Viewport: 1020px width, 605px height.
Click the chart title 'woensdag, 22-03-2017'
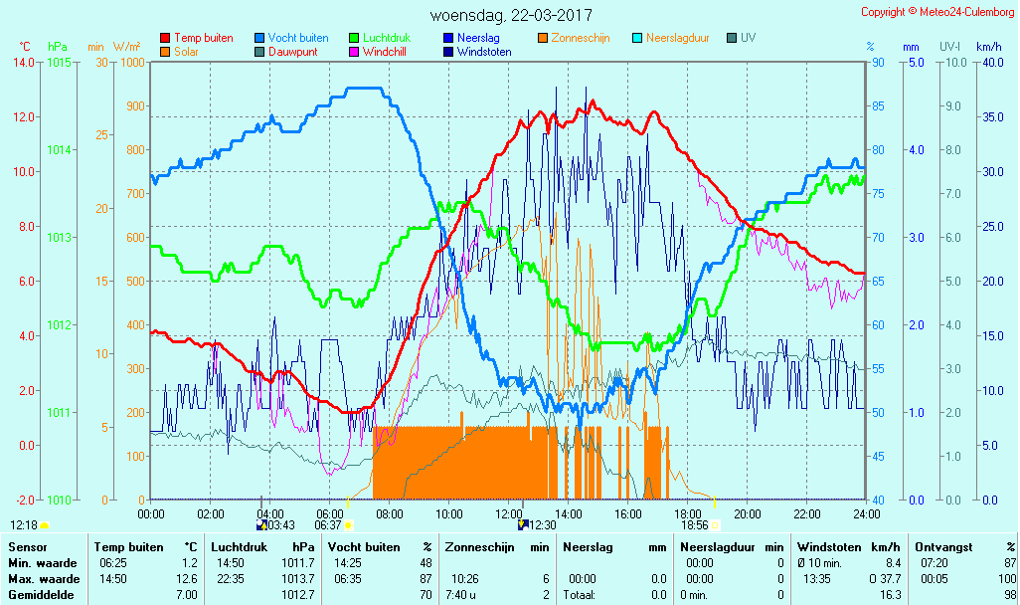point(511,15)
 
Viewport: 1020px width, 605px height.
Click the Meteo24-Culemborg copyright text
point(937,12)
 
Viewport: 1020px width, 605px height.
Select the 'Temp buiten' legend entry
point(203,38)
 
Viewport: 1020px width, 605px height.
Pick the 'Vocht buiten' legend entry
point(298,38)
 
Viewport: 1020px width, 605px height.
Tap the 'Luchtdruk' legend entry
point(386,38)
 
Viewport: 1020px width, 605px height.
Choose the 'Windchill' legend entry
point(383,52)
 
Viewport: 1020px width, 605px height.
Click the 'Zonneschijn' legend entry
point(581,38)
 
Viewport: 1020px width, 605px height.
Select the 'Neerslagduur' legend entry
point(677,38)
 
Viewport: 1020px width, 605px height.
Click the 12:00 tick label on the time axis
point(509,513)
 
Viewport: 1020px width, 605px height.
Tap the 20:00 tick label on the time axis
point(748,513)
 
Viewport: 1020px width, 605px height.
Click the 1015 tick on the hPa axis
point(59,62)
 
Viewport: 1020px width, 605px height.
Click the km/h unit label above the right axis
point(988,47)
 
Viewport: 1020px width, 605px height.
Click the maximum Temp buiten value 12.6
point(188,579)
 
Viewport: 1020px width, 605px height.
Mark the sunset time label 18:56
point(694,525)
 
